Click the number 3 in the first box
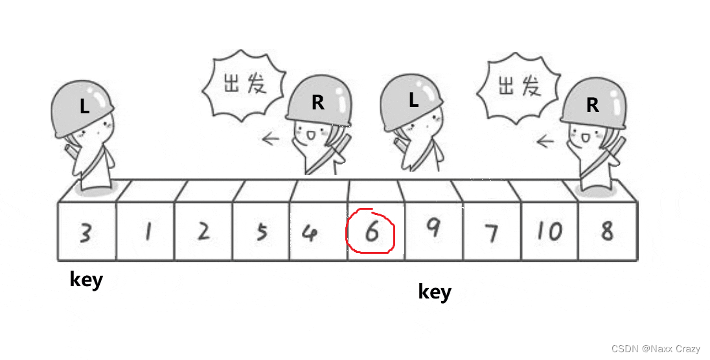click(85, 232)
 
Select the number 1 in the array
click(147, 232)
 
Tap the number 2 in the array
click(204, 231)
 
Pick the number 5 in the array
click(261, 232)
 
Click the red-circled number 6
click(372, 232)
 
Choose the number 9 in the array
click(433, 227)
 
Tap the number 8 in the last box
click(606, 231)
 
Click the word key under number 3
click(86, 280)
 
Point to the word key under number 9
click(435, 292)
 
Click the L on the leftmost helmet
click(84, 107)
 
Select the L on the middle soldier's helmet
click(413, 100)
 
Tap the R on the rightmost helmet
click(592, 106)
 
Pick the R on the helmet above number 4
click(317, 103)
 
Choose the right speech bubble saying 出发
click(518, 86)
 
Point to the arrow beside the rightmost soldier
click(546, 140)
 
